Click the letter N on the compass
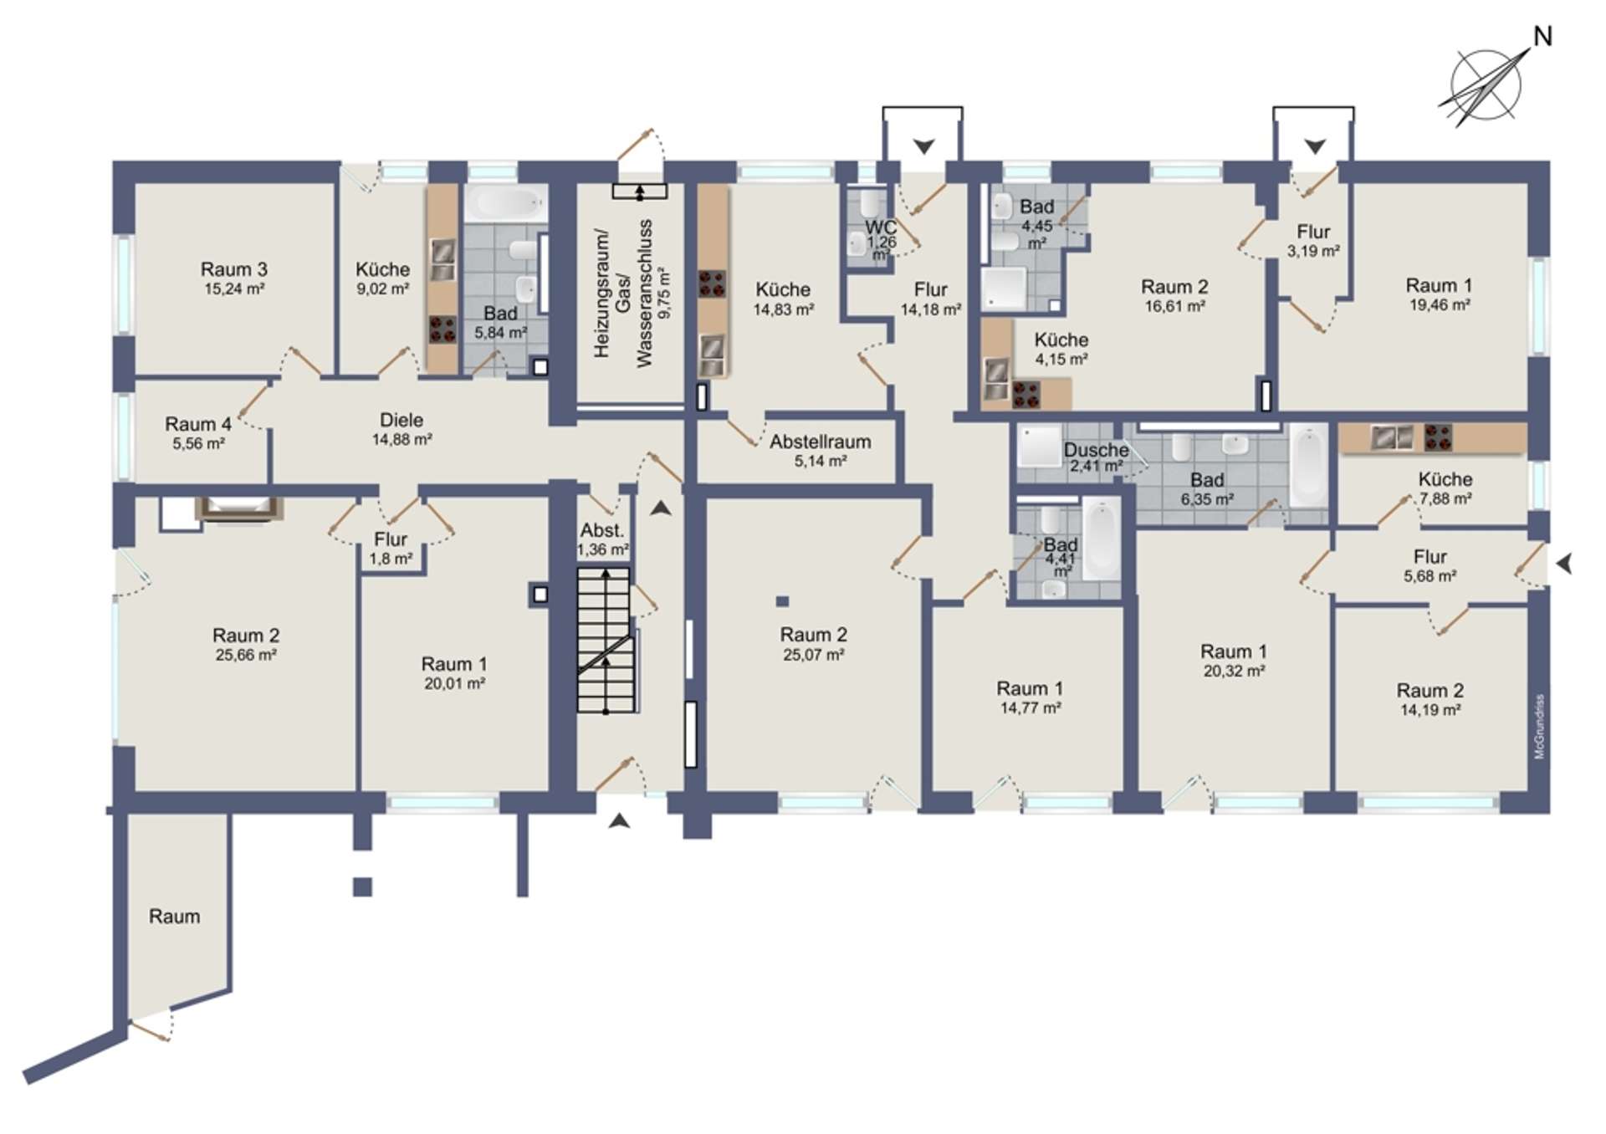(x=1542, y=37)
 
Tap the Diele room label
(x=401, y=420)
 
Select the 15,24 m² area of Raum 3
(x=234, y=289)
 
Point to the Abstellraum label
(x=821, y=442)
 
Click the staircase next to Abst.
(x=605, y=640)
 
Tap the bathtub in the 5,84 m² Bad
(x=505, y=203)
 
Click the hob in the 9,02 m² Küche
(x=442, y=329)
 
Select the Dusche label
(x=1096, y=450)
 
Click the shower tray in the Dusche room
(x=1039, y=447)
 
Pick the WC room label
(x=881, y=227)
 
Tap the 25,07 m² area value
(x=813, y=655)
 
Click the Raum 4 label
(x=198, y=424)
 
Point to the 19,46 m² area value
(x=1440, y=305)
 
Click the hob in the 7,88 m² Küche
(x=1438, y=437)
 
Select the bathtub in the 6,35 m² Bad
(x=1308, y=465)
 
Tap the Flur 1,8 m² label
(x=391, y=549)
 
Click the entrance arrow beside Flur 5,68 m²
(x=1564, y=564)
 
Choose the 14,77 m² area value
(x=1031, y=708)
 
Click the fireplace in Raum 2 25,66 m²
(x=239, y=508)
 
